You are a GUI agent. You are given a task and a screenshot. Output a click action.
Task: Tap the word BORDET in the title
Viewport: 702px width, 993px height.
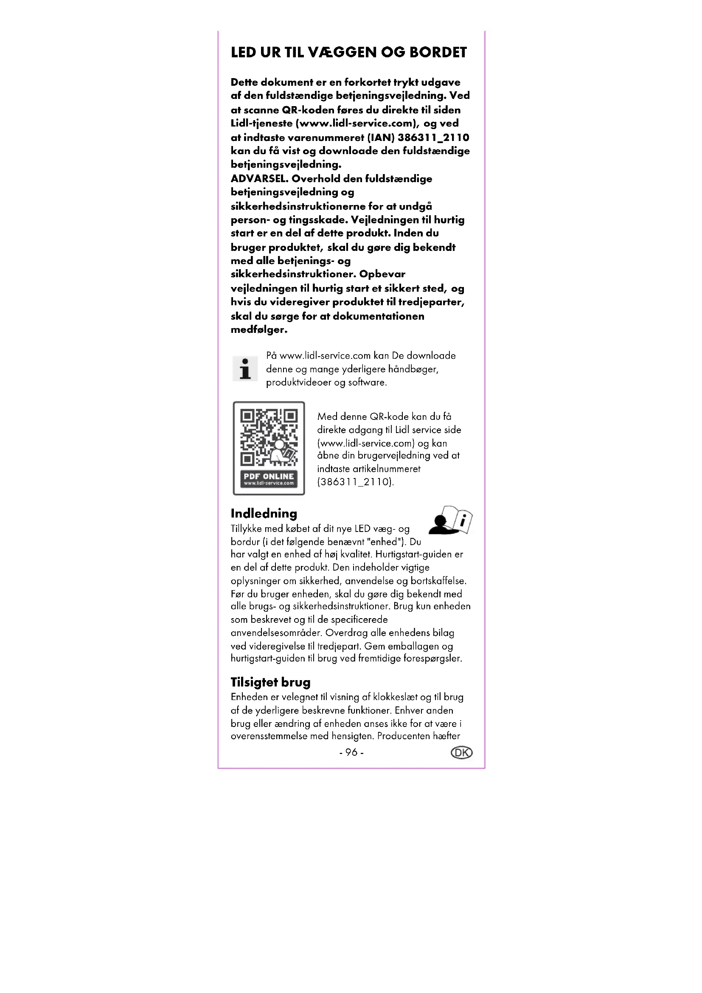coord(438,52)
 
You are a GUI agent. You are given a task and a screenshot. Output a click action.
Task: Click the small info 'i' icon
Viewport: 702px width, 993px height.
coord(245,369)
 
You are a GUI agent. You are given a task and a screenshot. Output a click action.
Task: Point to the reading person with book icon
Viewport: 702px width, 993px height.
coord(450,520)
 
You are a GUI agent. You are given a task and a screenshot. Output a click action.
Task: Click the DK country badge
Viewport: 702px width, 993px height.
coord(462,753)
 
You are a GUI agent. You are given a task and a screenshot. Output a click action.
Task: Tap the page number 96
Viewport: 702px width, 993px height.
coord(351,753)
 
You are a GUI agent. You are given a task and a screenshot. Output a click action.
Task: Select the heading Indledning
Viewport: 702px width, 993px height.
coord(264,513)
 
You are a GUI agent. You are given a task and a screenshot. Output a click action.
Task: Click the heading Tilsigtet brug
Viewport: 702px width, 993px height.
coord(271,682)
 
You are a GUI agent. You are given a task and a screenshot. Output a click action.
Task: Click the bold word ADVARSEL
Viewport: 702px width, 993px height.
coord(259,179)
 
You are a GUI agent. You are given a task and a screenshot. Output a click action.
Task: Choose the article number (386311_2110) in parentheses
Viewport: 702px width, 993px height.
coord(355,482)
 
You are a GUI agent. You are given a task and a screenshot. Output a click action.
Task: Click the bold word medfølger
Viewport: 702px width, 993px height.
coord(259,329)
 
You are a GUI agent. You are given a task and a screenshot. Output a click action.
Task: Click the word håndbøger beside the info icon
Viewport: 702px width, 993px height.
coord(413,369)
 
